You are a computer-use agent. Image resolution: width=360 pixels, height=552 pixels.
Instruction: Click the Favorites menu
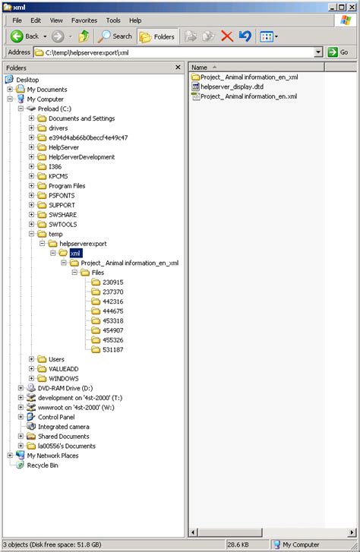pos(84,20)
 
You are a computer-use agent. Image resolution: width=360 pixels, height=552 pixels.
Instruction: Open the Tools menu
pos(113,20)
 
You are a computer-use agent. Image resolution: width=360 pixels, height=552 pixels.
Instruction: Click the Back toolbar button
pos(25,36)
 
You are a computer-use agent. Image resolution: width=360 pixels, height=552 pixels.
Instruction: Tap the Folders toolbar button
pos(156,36)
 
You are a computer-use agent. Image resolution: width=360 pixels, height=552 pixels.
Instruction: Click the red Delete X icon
pos(226,36)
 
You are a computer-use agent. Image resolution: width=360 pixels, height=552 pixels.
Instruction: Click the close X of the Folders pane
pos(178,68)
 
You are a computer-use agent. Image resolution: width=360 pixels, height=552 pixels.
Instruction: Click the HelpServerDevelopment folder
pos(81,157)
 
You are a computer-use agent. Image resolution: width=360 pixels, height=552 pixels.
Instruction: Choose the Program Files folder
pos(67,186)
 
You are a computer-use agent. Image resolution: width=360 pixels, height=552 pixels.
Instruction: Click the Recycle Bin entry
pos(43,465)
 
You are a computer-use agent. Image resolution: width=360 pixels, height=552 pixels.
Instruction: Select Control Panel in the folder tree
pos(56,417)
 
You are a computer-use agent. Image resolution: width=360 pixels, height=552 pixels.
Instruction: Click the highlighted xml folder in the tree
pos(75,254)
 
